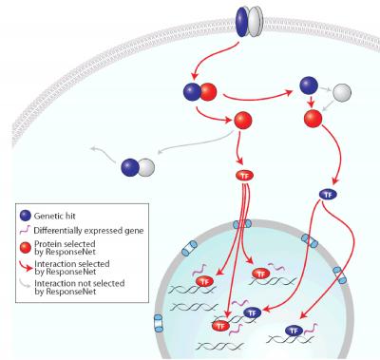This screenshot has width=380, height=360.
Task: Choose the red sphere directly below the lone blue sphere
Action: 313,121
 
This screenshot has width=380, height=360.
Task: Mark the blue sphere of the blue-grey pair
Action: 129,167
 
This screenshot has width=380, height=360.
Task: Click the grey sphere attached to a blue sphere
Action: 145,167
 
